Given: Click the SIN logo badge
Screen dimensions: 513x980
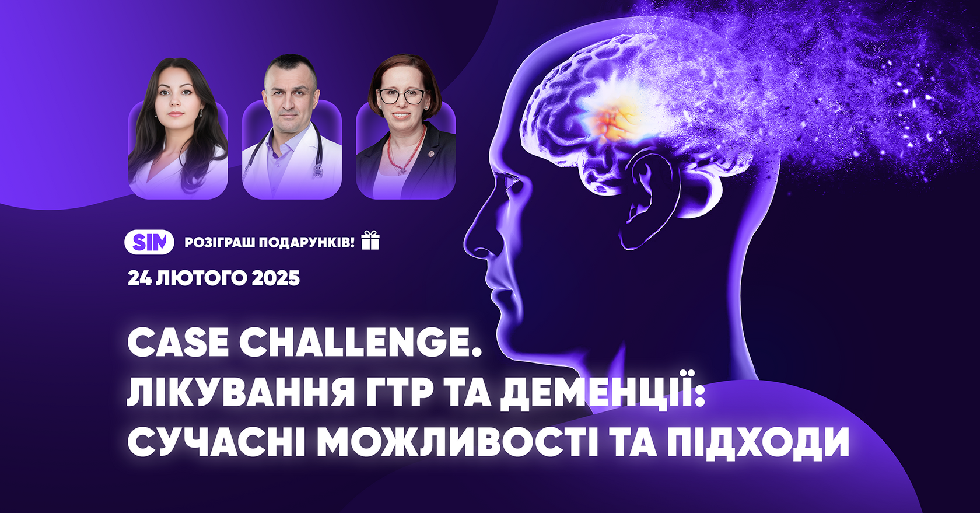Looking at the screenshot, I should coord(149,242).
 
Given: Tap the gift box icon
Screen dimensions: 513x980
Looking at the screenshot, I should coord(370,240).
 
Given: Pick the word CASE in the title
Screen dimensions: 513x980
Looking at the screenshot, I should coord(177,343).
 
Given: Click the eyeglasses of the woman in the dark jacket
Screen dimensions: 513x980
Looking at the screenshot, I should coord(403,96).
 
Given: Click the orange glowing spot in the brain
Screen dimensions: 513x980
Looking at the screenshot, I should coord(612,117).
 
